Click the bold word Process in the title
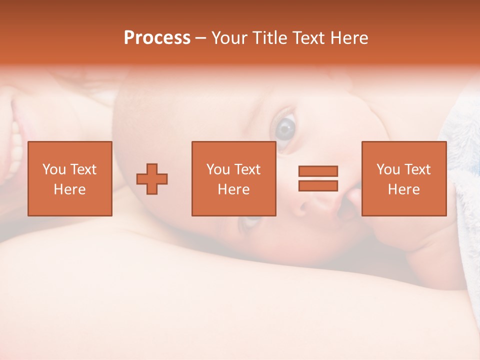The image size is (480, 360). click(157, 38)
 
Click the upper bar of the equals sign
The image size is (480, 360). click(318, 171)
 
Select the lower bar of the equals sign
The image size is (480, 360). click(318, 185)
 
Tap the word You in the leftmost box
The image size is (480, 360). click(54, 169)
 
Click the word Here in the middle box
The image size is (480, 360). click(233, 189)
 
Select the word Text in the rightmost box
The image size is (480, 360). click(417, 169)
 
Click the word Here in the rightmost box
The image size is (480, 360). click(403, 189)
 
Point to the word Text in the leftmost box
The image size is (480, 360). click(83, 169)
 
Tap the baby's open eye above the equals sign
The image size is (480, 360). click(285, 128)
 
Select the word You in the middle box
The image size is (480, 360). click(218, 169)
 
